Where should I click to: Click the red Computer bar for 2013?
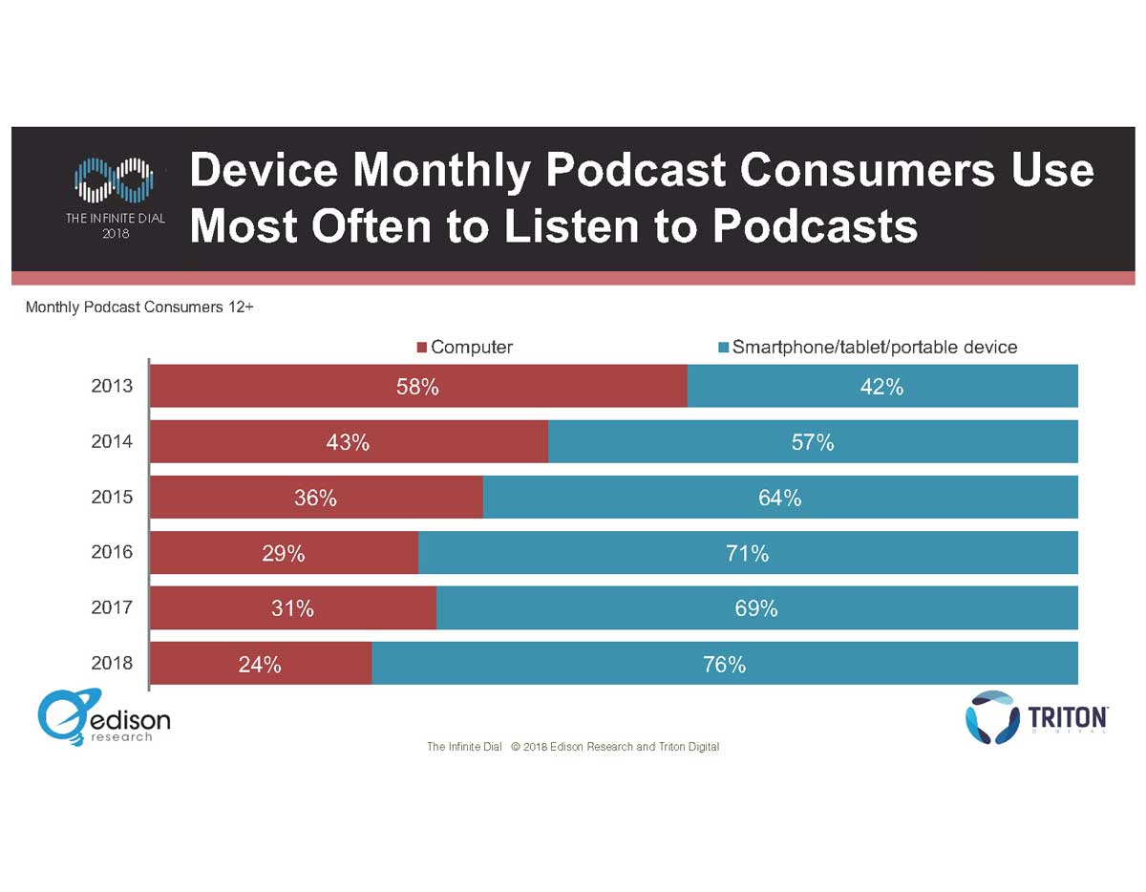pyautogui.click(x=418, y=387)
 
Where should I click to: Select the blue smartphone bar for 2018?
pyautogui.click(x=724, y=664)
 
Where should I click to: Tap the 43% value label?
pyautogui.click(x=348, y=442)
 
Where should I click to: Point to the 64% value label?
pyautogui.click(x=779, y=498)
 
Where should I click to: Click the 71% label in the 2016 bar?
pyautogui.click(x=747, y=553)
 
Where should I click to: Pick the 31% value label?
pyautogui.click(x=292, y=608)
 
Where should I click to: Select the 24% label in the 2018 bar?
pyautogui.click(x=260, y=665)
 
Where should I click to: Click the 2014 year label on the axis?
pyautogui.click(x=113, y=442)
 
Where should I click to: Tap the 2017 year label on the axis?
pyautogui.click(x=113, y=607)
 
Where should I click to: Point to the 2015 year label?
pyautogui.click(x=113, y=498)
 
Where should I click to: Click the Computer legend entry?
pyautogui.click(x=464, y=347)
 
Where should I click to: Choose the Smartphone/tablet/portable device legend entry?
pyautogui.click(x=867, y=347)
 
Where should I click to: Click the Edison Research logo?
pyautogui.click(x=104, y=718)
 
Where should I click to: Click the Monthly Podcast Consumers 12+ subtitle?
pyautogui.click(x=139, y=308)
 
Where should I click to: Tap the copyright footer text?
pyautogui.click(x=573, y=747)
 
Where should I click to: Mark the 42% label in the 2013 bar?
pyautogui.click(x=881, y=387)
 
